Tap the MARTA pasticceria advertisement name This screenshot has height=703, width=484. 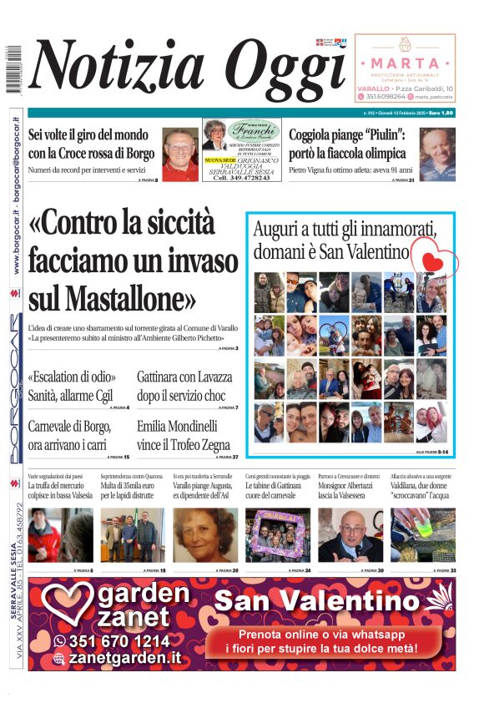point(405,63)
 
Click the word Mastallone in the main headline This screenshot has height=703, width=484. point(112,298)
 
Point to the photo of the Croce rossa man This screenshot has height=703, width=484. point(179,154)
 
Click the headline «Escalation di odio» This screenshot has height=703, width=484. point(72,377)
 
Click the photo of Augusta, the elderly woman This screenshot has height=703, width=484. point(204,535)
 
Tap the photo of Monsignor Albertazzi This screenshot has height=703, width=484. point(350,535)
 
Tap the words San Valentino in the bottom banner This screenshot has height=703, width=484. point(328,600)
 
